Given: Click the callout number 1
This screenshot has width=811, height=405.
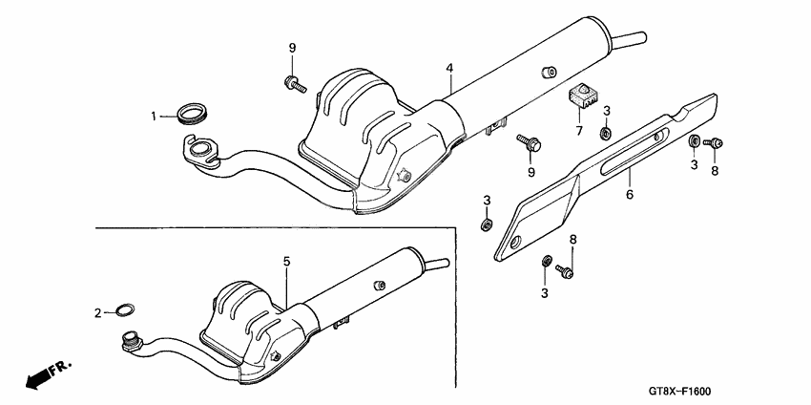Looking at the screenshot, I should click(x=152, y=116).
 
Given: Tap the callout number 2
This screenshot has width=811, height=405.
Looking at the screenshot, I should click(x=97, y=312).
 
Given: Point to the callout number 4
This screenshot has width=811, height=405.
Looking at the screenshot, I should click(x=448, y=68).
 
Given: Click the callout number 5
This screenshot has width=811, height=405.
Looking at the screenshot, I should click(x=286, y=261).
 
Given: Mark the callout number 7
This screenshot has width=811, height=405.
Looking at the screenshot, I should click(x=579, y=129).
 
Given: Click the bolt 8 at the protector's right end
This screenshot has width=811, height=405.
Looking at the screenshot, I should click(x=713, y=142).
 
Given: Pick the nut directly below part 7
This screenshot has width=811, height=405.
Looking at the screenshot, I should click(x=606, y=131).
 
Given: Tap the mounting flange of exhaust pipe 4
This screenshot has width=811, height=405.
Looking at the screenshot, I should click(x=198, y=149).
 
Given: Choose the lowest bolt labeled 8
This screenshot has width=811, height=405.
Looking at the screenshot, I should click(x=567, y=273).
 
